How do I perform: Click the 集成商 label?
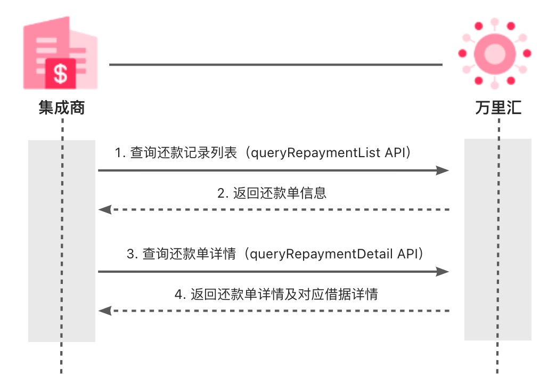pyautogui.click(x=62, y=109)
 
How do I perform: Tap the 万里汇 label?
pyautogui.click(x=498, y=109)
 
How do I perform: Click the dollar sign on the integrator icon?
pyautogui.click(x=61, y=74)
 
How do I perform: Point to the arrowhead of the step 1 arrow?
pyautogui.click(x=443, y=170)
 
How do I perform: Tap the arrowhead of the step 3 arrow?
pyautogui.click(x=443, y=272)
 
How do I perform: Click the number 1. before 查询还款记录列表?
pyautogui.click(x=120, y=153)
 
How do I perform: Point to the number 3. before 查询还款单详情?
pyautogui.click(x=132, y=254)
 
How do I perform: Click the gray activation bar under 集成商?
pyautogui.click(x=61, y=240)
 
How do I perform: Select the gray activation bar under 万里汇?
pyautogui.click(x=497, y=240)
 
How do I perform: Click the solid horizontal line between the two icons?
pyautogui.click(x=276, y=65)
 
